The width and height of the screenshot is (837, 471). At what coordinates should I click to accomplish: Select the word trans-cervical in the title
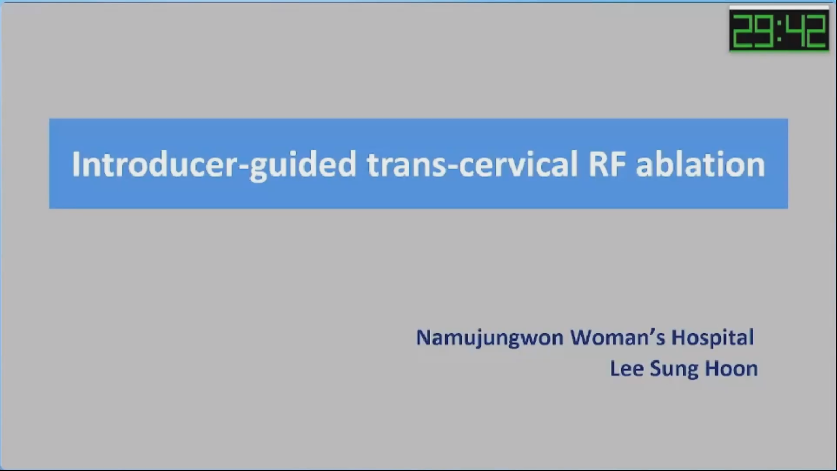tap(473, 164)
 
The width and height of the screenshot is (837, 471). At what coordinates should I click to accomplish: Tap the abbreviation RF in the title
tap(607, 164)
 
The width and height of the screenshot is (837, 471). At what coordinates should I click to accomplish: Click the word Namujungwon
tap(490, 338)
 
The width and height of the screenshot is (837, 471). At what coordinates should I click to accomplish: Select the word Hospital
tap(713, 338)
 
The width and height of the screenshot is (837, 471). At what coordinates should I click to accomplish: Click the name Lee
tap(627, 369)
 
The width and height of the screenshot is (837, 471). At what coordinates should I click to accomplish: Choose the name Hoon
tap(731, 369)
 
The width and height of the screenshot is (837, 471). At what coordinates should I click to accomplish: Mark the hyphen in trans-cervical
tap(452, 167)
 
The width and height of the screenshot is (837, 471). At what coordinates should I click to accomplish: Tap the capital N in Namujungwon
tap(425, 337)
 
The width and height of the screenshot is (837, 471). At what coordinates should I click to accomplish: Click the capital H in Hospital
tap(679, 337)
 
